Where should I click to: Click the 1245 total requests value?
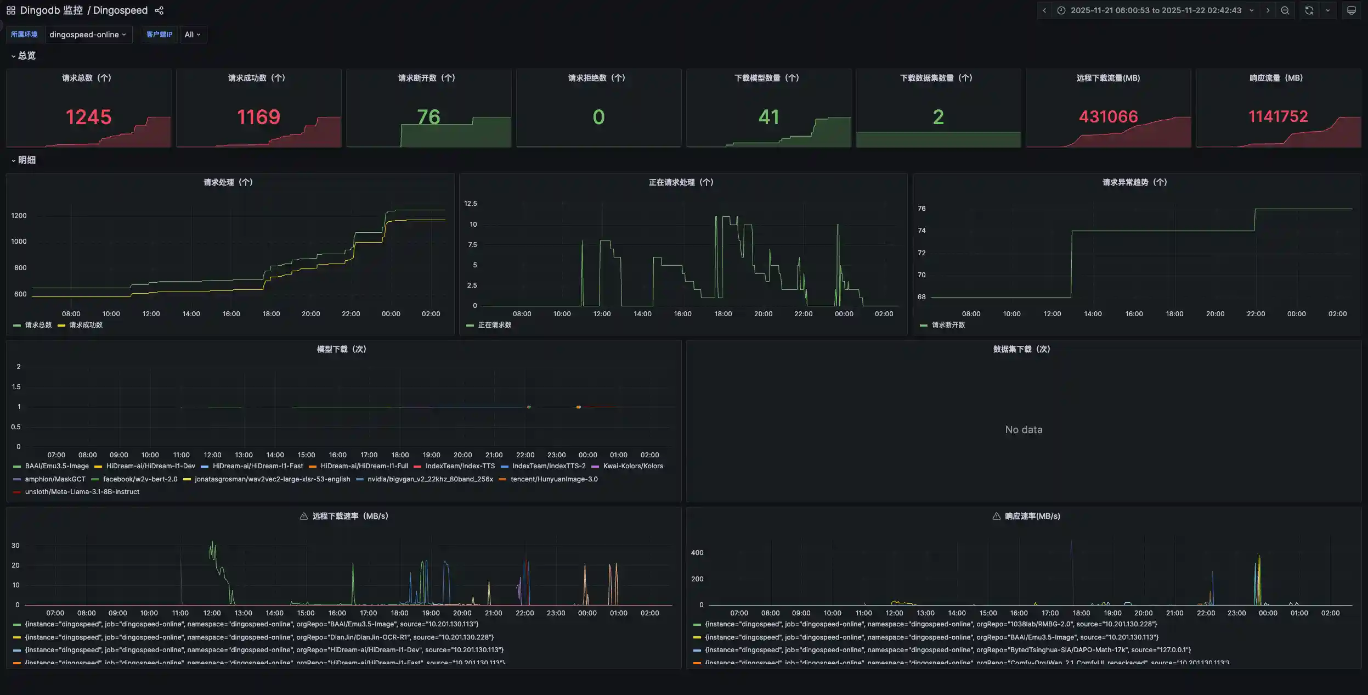[x=88, y=117]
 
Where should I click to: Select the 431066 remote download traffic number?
[x=1108, y=116]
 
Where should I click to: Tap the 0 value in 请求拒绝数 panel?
[x=598, y=117]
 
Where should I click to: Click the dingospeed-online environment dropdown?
[x=88, y=35]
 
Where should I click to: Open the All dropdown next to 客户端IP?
[x=193, y=35]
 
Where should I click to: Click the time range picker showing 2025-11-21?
[x=1155, y=10]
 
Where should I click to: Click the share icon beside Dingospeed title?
[x=159, y=10]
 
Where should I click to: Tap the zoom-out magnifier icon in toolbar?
[x=1285, y=10]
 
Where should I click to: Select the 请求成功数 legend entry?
[x=86, y=325]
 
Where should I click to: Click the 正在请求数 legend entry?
[x=494, y=325]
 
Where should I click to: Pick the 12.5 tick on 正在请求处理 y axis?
[x=470, y=204]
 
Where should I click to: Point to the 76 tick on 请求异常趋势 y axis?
[x=922, y=209]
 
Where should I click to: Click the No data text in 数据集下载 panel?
[x=1024, y=430]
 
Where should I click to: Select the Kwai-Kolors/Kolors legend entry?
[x=632, y=466]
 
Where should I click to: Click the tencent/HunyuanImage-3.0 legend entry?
[x=553, y=479]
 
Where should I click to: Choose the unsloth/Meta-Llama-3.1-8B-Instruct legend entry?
[x=82, y=492]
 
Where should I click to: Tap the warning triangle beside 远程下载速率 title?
[x=303, y=516]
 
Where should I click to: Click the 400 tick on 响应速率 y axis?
[x=697, y=553]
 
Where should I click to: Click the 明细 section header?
[x=26, y=160]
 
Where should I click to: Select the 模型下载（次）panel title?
[x=341, y=349]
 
